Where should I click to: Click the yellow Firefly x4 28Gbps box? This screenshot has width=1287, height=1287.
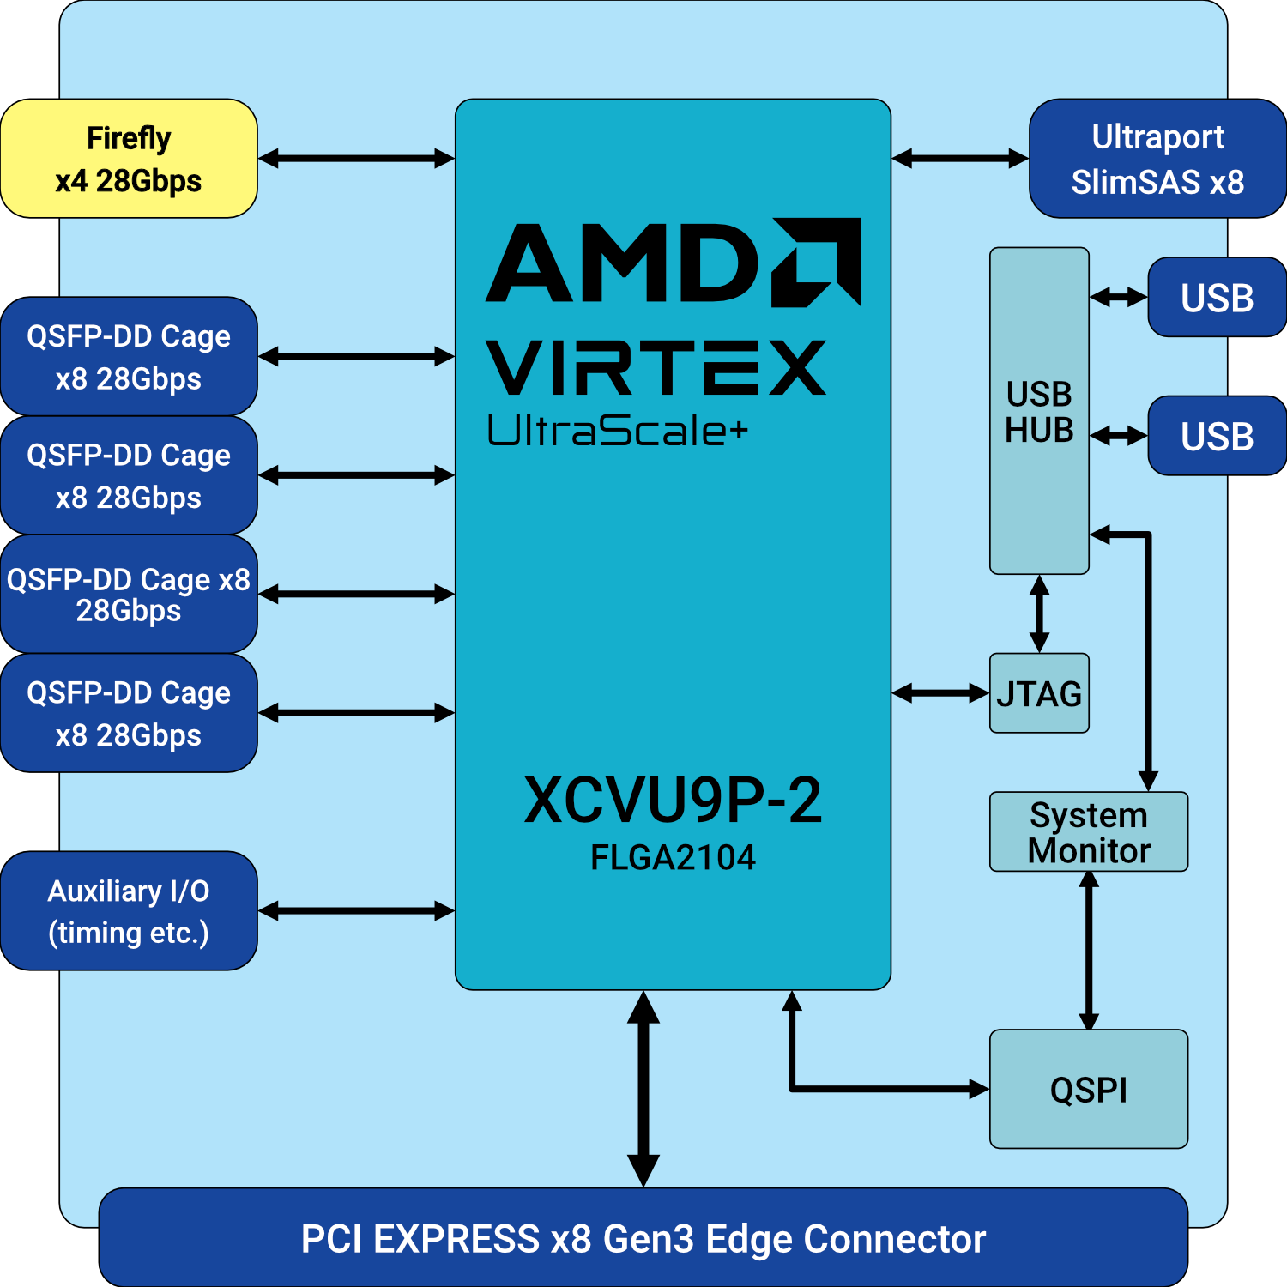pyautogui.click(x=129, y=159)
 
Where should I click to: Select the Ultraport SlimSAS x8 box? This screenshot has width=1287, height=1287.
pyautogui.click(x=1157, y=159)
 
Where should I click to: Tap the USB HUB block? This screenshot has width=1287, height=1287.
pyautogui.click(x=1039, y=411)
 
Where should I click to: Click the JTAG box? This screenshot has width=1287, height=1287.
pyautogui.click(x=1039, y=693)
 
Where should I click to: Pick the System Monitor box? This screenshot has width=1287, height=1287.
pyautogui.click(x=1088, y=832)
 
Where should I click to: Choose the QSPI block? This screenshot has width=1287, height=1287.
pyautogui.click(x=1088, y=1089)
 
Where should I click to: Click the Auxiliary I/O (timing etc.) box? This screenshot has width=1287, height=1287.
pyautogui.click(x=129, y=911)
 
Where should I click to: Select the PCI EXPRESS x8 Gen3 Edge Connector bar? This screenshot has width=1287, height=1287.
pyautogui.click(x=643, y=1238)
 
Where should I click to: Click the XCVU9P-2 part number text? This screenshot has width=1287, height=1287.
pyautogui.click(x=673, y=800)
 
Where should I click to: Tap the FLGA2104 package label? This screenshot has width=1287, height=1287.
pyautogui.click(x=673, y=857)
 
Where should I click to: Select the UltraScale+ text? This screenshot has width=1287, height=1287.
pyautogui.click(x=617, y=431)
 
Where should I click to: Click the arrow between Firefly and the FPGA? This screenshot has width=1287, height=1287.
pyautogui.click(x=356, y=159)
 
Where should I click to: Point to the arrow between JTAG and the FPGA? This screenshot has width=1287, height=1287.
pyautogui.click(x=940, y=693)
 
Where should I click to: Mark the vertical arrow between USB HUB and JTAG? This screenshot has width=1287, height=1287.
pyautogui.click(x=1039, y=614)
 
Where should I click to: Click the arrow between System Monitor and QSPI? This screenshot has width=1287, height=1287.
pyautogui.click(x=1089, y=951)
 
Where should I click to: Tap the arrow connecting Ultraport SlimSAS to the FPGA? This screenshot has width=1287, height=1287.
pyautogui.click(x=960, y=159)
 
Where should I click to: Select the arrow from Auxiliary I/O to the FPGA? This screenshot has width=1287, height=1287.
pyautogui.click(x=356, y=911)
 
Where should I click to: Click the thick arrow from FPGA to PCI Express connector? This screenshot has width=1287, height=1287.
pyautogui.click(x=643, y=1089)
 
